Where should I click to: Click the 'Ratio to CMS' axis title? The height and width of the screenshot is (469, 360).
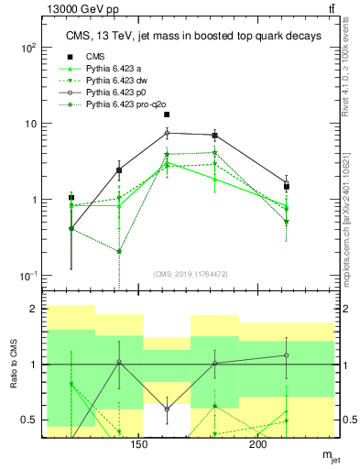[x=12, y=365]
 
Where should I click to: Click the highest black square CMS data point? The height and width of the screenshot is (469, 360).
[x=167, y=115]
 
